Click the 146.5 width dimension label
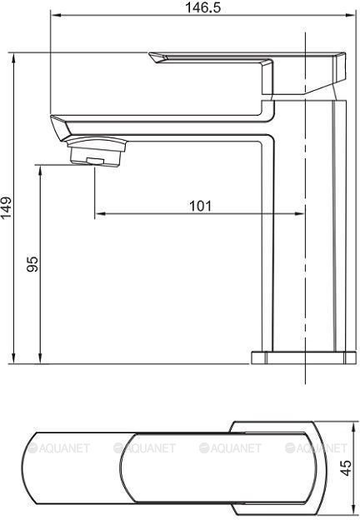(x=202, y=7)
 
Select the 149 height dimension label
(x=6, y=208)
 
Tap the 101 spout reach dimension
(x=200, y=206)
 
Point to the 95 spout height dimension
(x=32, y=263)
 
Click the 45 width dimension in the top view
(x=347, y=467)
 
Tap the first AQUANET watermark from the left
(x=58, y=448)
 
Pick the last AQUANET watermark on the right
(x=316, y=448)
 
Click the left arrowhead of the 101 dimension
(x=100, y=214)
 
